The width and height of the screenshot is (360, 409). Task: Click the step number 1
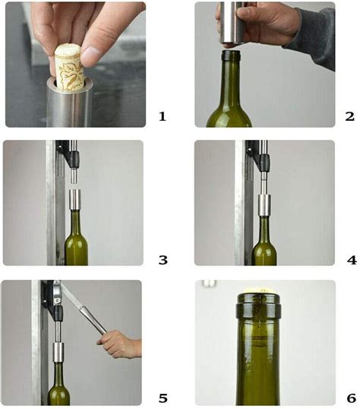coord(162,116)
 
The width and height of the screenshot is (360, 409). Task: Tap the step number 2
coord(349,116)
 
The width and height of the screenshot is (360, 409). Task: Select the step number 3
coord(162,260)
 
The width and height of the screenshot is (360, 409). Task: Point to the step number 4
coord(350,260)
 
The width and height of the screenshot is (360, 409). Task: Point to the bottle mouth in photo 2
coord(230,55)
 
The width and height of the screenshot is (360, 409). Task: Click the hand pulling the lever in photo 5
coord(122,346)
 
